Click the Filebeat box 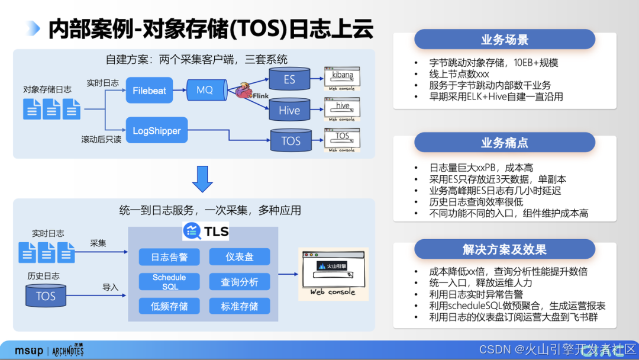tap(149, 91)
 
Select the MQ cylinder tap(206, 91)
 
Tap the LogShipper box tap(156, 131)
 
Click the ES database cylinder tap(289, 79)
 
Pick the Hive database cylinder tap(289, 110)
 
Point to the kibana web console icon tap(342, 78)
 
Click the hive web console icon tap(342, 109)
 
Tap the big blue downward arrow tap(202, 178)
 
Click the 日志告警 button tap(169, 257)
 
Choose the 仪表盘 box tap(239, 257)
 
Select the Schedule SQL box tap(169, 282)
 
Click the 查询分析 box tap(239, 282)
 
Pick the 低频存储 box tap(169, 306)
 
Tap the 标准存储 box tap(239, 306)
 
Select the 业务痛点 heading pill tap(504, 143)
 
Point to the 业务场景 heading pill tap(504, 40)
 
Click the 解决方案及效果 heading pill tap(504, 249)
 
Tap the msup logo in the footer tap(29, 351)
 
